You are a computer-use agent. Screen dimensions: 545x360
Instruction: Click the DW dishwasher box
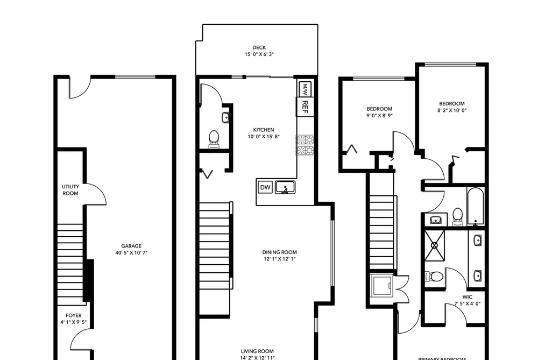coord(265,187)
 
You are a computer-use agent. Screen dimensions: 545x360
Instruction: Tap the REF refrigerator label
coord(305,107)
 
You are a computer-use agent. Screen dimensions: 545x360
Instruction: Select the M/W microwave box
coord(305,89)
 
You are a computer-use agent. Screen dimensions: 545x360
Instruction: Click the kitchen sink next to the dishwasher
coord(285,187)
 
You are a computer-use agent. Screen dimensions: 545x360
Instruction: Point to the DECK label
coord(259,47)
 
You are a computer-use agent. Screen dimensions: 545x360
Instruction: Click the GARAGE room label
coord(131,246)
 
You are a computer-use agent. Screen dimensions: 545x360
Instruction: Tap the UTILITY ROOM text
coord(70,190)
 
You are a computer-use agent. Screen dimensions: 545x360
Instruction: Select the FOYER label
coord(74,315)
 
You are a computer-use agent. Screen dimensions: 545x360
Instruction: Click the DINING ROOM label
coord(279,252)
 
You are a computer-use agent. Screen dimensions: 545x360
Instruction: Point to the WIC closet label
coord(467,297)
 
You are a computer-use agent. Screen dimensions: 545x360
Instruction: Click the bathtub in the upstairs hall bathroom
coord(476,207)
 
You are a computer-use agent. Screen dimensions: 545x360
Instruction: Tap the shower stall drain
coord(435,245)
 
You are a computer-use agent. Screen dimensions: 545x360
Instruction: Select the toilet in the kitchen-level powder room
coord(214,139)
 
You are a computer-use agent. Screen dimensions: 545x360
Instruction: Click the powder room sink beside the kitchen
coord(225,117)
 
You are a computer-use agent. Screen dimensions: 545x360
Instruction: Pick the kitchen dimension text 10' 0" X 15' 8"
coord(264,137)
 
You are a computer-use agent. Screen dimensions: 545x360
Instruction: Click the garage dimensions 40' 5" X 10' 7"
coord(131,253)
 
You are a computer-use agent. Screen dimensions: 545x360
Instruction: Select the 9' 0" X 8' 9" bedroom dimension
coord(379,116)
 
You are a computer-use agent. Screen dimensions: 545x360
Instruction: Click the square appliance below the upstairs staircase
coord(381,285)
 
